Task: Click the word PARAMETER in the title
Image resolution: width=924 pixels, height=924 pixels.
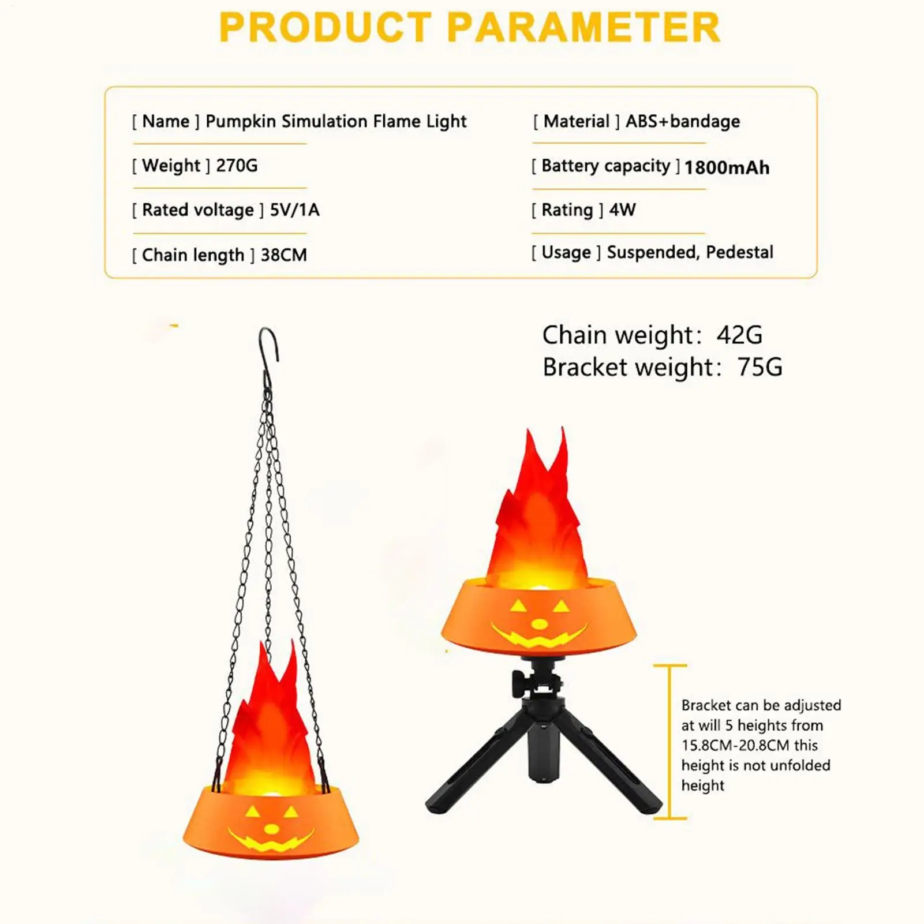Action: click(x=583, y=27)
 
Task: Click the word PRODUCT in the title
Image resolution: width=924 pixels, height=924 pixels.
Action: click(x=326, y=27)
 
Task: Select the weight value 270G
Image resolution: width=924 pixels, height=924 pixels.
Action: click(x=237, y=166)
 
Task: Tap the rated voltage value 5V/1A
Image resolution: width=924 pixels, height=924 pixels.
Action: click(x=294, y=210)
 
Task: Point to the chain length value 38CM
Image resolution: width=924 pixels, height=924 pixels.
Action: click(x=284, y=255)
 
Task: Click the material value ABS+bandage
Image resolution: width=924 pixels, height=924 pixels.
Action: click(x=683, y=121)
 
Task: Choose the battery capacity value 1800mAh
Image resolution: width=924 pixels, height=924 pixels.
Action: click(x=727, y=167)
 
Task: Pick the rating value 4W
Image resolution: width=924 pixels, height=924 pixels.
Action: click(x=622, y=210)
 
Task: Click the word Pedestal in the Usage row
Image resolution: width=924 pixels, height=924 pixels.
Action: click(x=739, y=252)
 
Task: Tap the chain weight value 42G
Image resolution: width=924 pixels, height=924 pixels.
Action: click(x=739, y=335)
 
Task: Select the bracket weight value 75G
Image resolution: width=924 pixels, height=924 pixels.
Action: click(x=760, y=367)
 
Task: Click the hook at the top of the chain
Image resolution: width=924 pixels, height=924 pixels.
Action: click(x=268, y=352)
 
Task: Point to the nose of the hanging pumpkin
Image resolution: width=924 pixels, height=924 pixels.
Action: click(x=271, y=829)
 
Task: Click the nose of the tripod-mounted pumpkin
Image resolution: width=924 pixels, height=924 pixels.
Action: click(x=539, y=624)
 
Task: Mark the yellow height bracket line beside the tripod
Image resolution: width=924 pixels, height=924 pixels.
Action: click(x=670, y=742)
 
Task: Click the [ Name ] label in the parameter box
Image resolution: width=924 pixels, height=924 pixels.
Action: click(x=166, y=121)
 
